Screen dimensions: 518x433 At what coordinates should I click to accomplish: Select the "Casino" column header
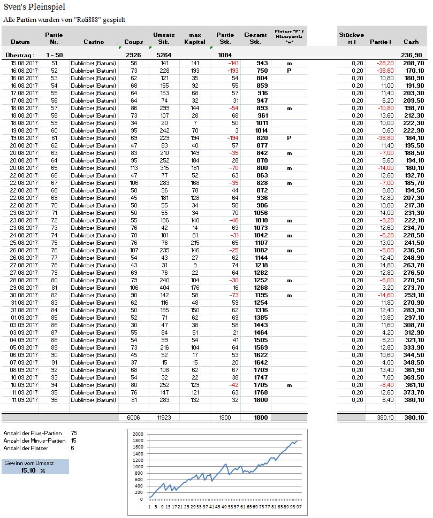click(94, 42)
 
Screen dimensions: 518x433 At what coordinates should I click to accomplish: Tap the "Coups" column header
click(133, 42)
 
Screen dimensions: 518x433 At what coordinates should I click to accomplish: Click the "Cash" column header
click(411, 42)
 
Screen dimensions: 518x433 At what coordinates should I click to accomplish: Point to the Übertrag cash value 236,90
click(411, 55)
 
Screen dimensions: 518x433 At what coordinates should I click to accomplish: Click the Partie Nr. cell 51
click(54, 63)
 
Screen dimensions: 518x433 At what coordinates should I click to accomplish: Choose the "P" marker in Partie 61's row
click(289, 137)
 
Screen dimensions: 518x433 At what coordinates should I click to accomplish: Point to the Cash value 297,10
click(411, 317)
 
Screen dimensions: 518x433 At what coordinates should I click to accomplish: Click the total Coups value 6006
click(133, 418)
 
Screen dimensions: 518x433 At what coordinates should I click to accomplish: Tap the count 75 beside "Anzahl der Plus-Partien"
click(74, 433)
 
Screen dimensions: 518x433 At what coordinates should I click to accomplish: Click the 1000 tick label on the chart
click(139, 467)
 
